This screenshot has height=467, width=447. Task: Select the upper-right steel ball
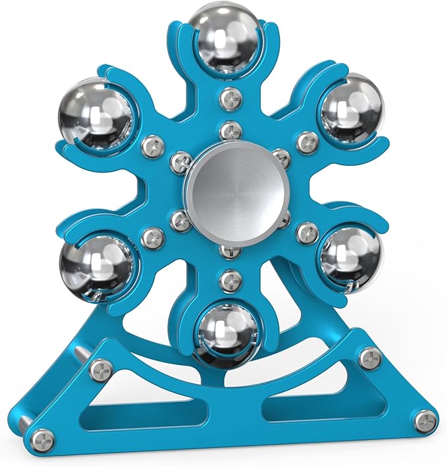coord(350,105)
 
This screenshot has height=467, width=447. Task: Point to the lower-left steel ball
coord(97,261)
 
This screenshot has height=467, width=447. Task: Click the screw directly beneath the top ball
coord(228,99)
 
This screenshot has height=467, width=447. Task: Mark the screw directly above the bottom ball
coord(228,280)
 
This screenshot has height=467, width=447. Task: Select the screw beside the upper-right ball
coord(307,141)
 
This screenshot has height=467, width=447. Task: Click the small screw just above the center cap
coord(228,130)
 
